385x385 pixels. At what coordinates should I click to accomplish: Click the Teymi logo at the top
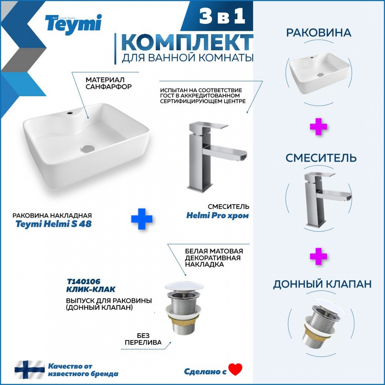tap(73, 24)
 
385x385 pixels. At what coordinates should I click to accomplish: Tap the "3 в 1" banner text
tap(222, 16)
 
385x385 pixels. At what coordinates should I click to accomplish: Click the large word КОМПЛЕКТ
tap(187, 42)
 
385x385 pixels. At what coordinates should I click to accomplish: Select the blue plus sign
tap(142, 219)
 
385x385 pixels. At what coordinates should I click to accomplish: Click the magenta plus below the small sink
tap(318, 127)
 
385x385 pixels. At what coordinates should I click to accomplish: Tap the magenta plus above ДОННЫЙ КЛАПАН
tap(318, 256)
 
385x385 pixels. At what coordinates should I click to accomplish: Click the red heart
tap(235, 369)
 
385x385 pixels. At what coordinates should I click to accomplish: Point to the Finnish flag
tap(30, 369)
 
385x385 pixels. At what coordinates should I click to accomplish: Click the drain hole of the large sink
tap(88, 148)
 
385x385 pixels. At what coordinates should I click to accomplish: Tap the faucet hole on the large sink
tap(70, 113)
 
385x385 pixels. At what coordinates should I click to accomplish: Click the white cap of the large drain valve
tap(184, 286)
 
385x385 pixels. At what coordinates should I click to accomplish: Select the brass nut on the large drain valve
tap(183, 320)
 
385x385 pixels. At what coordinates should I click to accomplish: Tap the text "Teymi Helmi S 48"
tap(53, 224)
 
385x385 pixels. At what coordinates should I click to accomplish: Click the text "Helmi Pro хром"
tap(218, 215)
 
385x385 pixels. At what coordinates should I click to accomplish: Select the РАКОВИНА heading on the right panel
tap(318, 33)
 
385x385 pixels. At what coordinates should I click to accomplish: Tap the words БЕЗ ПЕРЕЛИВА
tap(143, 339)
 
